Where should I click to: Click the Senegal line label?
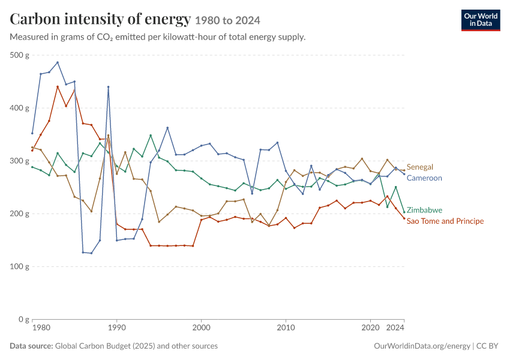click(x=419, y=167)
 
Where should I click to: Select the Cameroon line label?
click(x=424, y=178)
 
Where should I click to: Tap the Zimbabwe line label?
click(x=424, y=210)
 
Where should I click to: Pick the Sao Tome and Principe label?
click(x=445, y=221)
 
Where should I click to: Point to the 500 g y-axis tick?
click(x=19, y=55)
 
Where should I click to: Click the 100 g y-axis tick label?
click(x=19, y=266)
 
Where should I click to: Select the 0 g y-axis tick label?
click(x=24, y=319)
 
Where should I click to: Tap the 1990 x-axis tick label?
click(x=117, y=328)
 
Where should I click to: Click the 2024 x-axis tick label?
click(x=395, y=328)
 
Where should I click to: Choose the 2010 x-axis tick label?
click(x=286, y=328)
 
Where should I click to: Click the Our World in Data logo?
click(x=481, y=20)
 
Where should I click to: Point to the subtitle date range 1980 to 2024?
click(x=227, y=20)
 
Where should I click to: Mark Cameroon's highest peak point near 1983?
click(x=58, y=62)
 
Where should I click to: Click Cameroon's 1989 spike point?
click(x=109, y=87)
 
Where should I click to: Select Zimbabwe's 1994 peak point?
click(x=151, y=135)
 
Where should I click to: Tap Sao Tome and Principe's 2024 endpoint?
click(x=404, y=218)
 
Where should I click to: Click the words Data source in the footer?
click(x=31, y=346)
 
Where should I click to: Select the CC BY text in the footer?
click(x=487, y=346)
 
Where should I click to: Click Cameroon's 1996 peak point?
click(x=167, y=128)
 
